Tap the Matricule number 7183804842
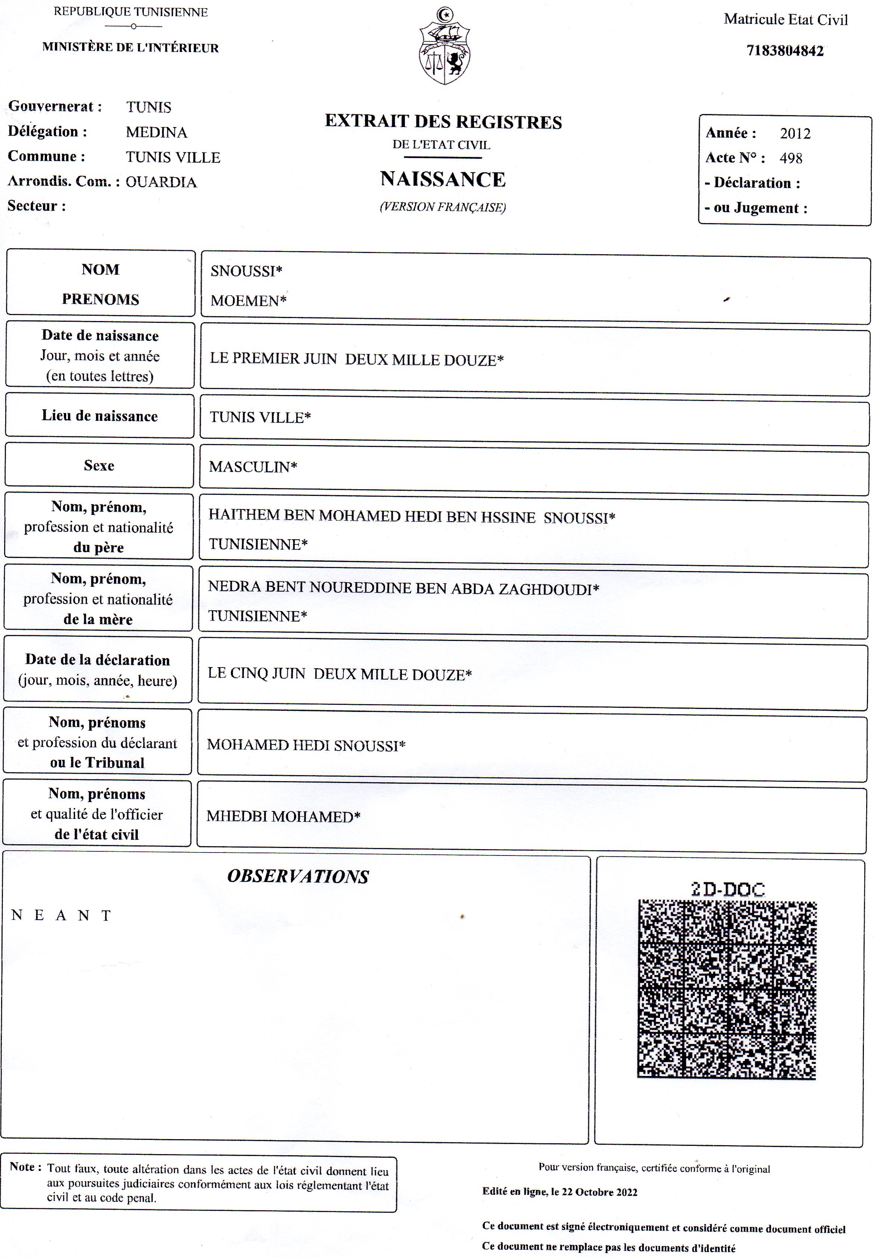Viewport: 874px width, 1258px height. pyautogui.click(x=785, y=51)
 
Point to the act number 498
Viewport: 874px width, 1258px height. pyautogui.click(x=791, y=158)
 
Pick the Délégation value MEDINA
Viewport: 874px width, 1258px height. pyautogui.click(x=156, y=132)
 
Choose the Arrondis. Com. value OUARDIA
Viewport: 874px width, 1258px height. pyautogui.click(x=161, y=182)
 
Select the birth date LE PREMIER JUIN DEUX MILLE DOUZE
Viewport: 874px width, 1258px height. pyautogui.click(x=356, y=360)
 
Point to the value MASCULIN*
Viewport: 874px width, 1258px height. pyautogui.click(x=253, y=467)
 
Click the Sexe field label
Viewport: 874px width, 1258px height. pyautogui.click(x=99, y=466)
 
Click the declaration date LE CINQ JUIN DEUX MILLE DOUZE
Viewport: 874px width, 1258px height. pyautogui.click(x=340, y=674)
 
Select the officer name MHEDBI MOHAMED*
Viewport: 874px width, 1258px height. pyautogui.click(x=283, y=816)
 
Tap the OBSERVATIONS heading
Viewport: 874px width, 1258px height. pyautogui.click(x=298, y=876)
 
